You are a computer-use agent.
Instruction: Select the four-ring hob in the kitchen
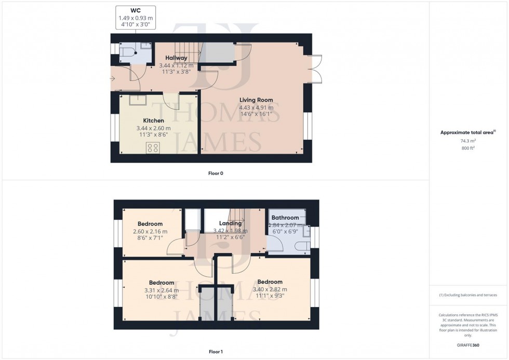(x=153, y=147)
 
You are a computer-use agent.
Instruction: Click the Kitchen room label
(x=153, y=121)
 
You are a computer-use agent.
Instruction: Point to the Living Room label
(x=256, y=100)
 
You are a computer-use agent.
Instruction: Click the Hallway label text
(x=176, y=58)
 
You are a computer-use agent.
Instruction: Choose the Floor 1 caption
(x=215, y=352)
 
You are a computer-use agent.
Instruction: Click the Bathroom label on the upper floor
(x=285, y=218)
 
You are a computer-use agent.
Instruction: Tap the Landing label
(x=230, y=223)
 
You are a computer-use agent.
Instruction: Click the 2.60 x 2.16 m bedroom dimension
(x=150, y=231)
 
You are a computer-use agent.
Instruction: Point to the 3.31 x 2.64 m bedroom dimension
(x=161, y=290)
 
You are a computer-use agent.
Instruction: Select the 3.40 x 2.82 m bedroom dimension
(x=270, y=289)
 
